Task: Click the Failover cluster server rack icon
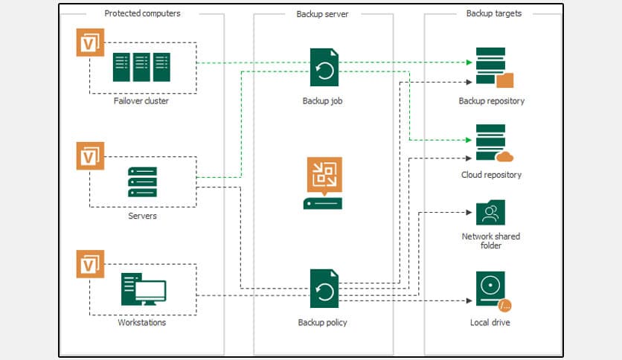click(x=141, y=67)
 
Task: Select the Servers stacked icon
click(x=142, y=181)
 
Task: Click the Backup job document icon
click(x=324, y=68)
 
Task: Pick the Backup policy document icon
click(x=324, y=289)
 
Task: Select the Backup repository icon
click(x=493, y=68)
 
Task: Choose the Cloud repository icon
click(x=493, y=144)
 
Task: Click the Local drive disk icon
click(x=492, y=291)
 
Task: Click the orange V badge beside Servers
click(x=90, y=155)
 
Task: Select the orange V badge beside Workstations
click(x=90, y=264)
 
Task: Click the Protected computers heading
click(x=141, y=13)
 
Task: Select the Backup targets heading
click(x=493, y=13)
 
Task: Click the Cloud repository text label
click(x=491, y=175)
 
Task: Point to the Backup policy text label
click(x=323, y=323)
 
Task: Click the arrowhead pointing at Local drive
click(x=469, y=301)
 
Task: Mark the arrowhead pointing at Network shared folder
click(x=469, y=213)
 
